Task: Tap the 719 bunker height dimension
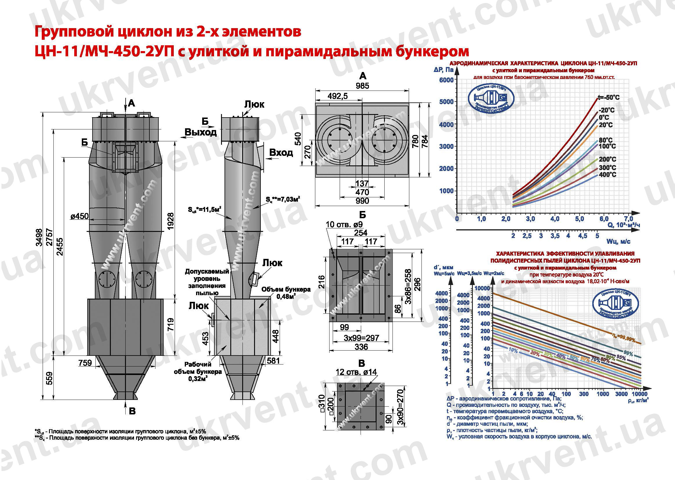click(x=171, y=324)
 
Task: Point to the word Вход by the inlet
click(x=281, y=153)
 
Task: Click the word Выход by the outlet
click(x=200, y=132)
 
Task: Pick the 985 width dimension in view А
click(x=362, y=86)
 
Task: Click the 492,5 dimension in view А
click(x=338, y=96)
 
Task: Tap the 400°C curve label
click(x=607, y=175)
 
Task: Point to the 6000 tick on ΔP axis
click(x=446, y=80)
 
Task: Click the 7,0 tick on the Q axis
click(x=628, y=219)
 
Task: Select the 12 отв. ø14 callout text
click(x=356, y=372)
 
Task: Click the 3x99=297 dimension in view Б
click(x=361, y=338)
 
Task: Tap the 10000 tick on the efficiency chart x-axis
click(x=639, y=394)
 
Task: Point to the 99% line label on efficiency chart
click(x=628, y=353)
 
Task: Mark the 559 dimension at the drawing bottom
click(x=50, y=378)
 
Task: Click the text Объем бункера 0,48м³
click(x=286, y=293)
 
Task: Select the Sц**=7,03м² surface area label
click(x=283, y=199)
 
